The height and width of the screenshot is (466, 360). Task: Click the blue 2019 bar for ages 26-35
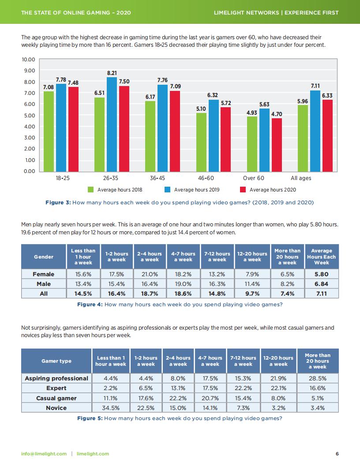point(112,124)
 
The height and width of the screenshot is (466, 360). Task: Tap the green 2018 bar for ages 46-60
point(201,142)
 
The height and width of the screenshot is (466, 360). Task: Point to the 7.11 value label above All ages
point(315,86)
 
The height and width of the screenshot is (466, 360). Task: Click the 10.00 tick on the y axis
point(28,60)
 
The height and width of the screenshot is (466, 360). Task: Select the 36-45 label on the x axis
point(157,178)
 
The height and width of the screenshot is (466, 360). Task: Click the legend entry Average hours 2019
point(197,190)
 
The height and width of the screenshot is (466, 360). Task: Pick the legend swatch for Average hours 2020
point(243,190)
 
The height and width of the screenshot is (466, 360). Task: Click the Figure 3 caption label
point(58,203)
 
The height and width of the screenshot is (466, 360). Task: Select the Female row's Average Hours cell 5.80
point(321,274)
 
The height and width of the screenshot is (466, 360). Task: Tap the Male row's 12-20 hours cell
point(252,284)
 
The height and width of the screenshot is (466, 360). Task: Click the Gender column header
point(44,256)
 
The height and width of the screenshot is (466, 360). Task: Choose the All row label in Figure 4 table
point(44,293)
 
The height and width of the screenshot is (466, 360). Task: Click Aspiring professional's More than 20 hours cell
point(317,378)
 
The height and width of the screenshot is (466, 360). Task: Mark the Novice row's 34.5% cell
point(111,408)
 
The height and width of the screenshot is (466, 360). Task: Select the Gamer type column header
point(56,361)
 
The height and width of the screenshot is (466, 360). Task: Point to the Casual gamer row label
point(56,398)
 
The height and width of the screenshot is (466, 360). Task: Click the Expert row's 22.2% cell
point(243,388)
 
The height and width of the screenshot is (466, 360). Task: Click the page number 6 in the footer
point(337,454)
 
